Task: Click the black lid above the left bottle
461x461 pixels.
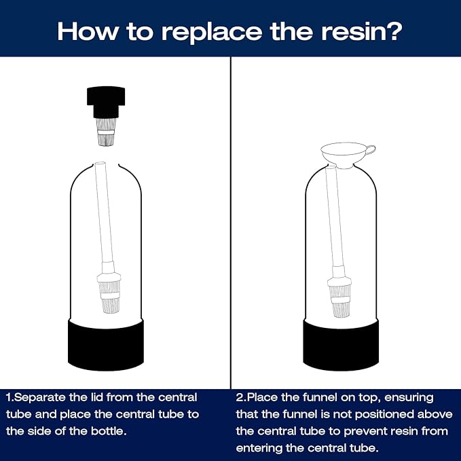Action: [105, 103]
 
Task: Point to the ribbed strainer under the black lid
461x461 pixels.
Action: [105, 135]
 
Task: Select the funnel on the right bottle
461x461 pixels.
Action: [343, 153]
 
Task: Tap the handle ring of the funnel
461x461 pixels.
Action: [368, 149]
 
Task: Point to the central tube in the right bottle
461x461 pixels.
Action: [332, 217]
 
